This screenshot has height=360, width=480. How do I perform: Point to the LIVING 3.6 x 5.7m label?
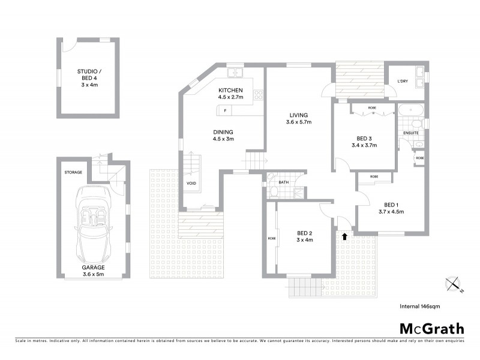(x=298, y=119)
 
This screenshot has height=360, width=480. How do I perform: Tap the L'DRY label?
(x=403, y=82)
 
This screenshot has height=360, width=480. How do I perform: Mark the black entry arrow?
(x=344, y=236)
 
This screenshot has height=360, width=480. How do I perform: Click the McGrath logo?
(x=431, y=328)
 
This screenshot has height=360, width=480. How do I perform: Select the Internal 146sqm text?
(x=420, y=306)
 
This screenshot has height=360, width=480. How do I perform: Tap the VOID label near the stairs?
(x=192, y=184)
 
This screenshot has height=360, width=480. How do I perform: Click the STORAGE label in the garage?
(x=73, y=172)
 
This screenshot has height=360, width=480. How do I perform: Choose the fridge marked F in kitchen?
(x=225, y=110)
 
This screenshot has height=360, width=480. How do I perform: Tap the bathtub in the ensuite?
(x=411, y=110)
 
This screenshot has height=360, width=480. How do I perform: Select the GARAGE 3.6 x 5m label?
(x=94, y=271)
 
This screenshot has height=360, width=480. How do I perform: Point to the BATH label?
(x=283, y=183)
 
